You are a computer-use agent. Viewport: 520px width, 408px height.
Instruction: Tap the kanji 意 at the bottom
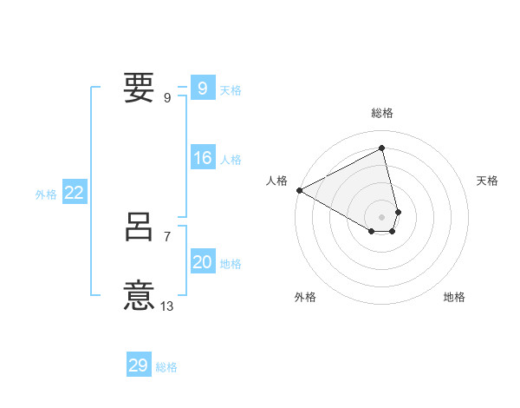click(x=140, y=295)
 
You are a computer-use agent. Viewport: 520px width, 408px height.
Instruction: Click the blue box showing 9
click(x=202, y=89)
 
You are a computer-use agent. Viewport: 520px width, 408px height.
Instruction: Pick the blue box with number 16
click(x=202, y=159)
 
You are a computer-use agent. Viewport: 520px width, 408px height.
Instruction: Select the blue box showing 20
click(x=202, y=263)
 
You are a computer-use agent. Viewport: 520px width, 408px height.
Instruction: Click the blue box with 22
click(x=75, y=194)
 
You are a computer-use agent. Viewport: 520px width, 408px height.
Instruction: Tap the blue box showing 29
click(x=139, y=365)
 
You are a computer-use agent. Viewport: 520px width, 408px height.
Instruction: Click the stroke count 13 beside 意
click(x=167, y=306)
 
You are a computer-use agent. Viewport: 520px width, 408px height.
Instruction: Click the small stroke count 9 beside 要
click(x=166, y=97)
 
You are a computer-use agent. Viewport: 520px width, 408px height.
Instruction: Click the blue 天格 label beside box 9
click(x=231, y=90)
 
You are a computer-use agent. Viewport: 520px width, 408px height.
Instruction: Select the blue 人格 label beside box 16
click(x=231, y=160)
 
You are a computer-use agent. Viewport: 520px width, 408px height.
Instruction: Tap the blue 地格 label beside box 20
click(x=231, y=264)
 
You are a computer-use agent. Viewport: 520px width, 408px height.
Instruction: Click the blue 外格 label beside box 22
click(x=46, y=194)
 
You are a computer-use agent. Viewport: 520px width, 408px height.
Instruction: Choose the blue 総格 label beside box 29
click(x=166, y=367)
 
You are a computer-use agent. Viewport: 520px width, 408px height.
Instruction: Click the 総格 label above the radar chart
click(x=382, y=113)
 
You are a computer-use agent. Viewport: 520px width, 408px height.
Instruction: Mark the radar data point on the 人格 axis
click(x=299, y=189)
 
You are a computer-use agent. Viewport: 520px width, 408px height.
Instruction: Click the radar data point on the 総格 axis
click(x=382, y=148)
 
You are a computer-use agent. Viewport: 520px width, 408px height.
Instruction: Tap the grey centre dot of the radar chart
click(x=382, y=216)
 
